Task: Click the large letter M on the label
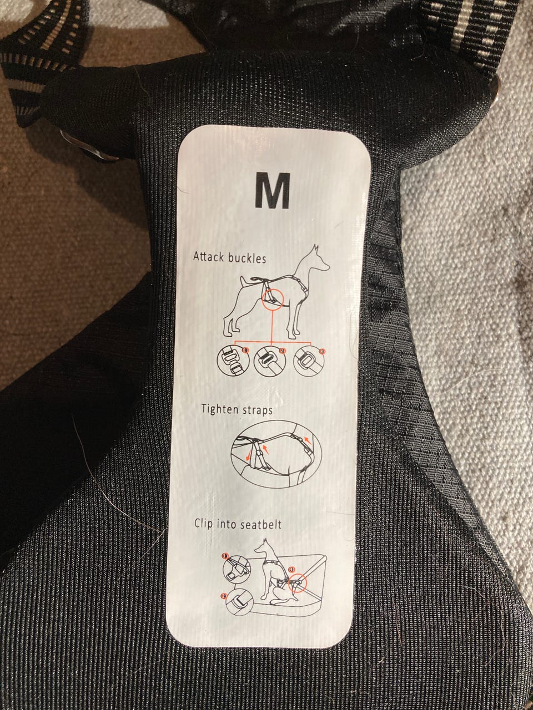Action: [x=272, y=191]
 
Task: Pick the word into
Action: [x=225, y=524]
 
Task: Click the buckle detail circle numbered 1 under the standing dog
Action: [x=233, y=361]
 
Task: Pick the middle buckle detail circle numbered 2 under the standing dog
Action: [x=270, y=362]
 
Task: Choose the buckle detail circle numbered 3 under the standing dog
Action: [x=308, y=362]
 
